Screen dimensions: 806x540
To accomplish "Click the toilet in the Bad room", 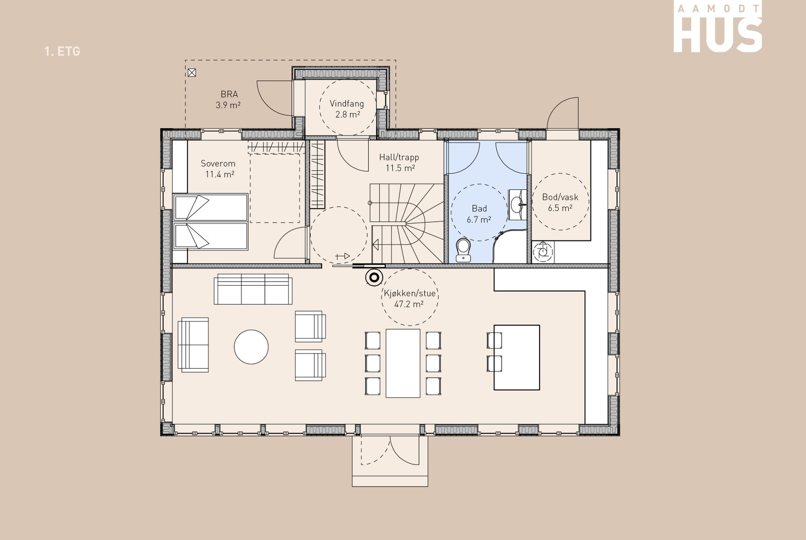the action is (x=463, y=250).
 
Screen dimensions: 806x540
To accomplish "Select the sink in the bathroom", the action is (x=517, y=205).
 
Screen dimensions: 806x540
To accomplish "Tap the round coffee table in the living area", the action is (x=251, y=347).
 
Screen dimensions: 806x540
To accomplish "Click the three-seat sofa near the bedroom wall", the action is (x=253, y=289).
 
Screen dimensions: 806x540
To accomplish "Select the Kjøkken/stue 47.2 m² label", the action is (x=410, y=299).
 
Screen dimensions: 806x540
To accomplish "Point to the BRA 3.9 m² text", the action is (x=229, y=100).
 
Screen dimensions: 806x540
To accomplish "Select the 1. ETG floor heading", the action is (x=62, y=51).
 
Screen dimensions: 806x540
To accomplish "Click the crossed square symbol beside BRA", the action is (x=192, y=73).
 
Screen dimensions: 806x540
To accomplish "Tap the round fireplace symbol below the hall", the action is (x=374, y=278).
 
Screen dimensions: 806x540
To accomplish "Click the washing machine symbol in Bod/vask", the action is (x=543, y=251).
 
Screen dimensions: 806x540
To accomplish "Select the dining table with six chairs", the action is (x=403, y=363).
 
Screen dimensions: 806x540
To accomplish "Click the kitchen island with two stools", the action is (x=513, y=357).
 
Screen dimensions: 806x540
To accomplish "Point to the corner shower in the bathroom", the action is (x=509, y=246).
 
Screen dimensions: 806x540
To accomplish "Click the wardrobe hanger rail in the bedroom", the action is (x=276, y=147).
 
